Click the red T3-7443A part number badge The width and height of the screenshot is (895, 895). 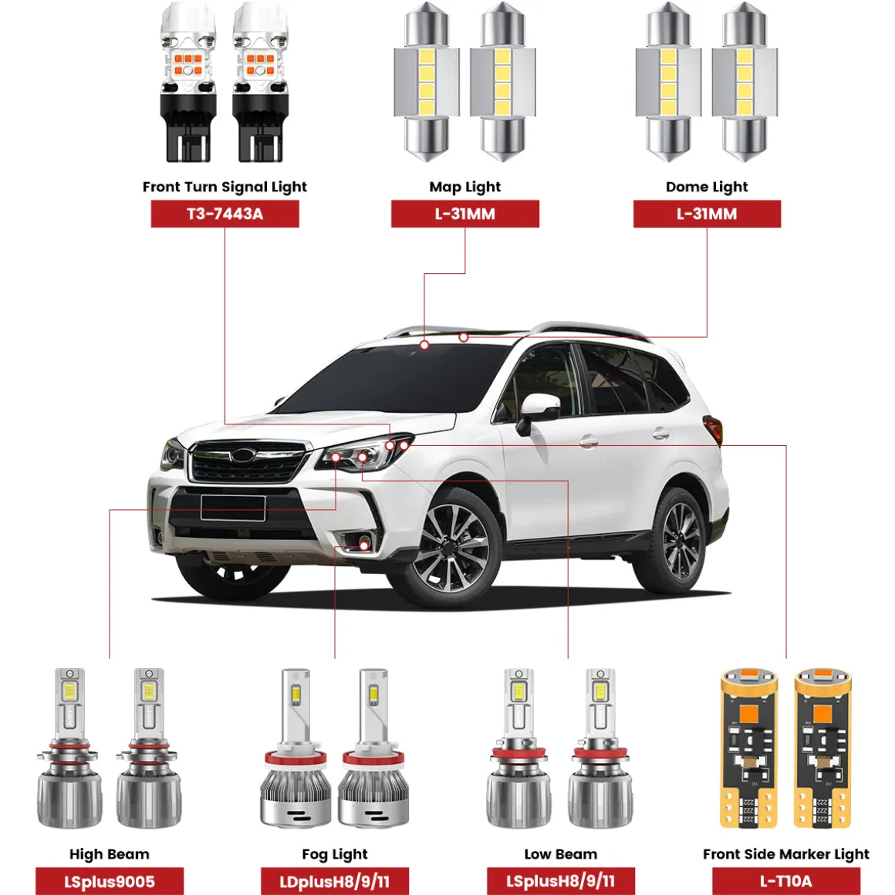point(225,214)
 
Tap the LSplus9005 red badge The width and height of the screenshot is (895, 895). point(110,881)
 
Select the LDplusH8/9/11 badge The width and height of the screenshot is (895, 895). point(335,881)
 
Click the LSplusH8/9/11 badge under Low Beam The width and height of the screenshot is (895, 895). point(560,881)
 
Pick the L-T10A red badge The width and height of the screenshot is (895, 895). point(786,881)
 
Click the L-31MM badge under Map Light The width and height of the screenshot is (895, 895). point(465,214)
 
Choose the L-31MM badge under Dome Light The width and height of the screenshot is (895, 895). point(708,214)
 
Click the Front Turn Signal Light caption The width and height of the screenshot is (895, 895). point(225,187)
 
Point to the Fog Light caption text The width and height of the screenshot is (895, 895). point(335,854)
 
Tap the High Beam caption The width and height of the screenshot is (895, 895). point(110,854)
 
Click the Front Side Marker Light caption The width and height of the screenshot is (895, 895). point(786,854)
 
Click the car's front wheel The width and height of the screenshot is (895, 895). point(454,549)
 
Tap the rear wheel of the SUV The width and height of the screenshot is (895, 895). point(678,540)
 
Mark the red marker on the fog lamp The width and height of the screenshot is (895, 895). point(364,545)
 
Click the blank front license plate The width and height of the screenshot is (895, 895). point(233,508)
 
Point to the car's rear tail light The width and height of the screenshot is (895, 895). point(714,429)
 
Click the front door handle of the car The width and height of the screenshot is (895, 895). point(588,441)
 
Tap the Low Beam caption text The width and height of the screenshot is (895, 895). point(560,854)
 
